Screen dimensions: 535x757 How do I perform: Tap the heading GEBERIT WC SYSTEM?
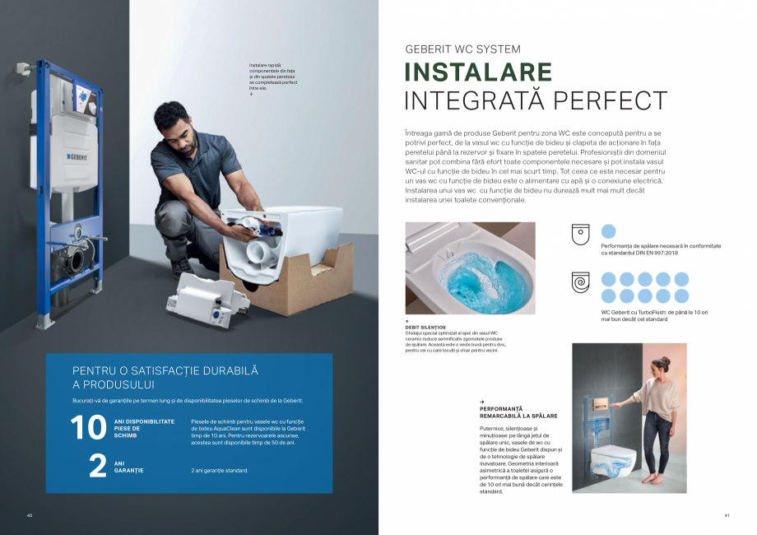(x=462, y=49)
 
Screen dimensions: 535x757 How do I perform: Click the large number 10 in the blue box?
(x=88, y=428)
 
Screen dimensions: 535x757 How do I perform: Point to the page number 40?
(x=29, y=515)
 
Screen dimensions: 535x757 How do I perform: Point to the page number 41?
(x=727, y=515)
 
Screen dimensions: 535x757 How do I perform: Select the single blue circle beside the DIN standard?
(x=609, y=231)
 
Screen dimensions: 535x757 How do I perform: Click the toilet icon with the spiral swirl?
(x=581, y=282)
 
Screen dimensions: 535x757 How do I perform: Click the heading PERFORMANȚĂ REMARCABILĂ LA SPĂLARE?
(x=507, y=412)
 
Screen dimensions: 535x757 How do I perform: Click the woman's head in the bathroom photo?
(x=662, y=364)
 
